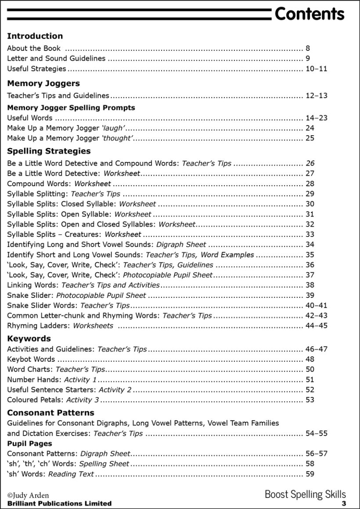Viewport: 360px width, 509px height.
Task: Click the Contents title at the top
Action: [x=309, y=14]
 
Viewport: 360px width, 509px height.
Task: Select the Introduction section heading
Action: [x=35, y=36]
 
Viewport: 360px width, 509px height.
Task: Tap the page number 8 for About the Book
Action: [x=308, y=48]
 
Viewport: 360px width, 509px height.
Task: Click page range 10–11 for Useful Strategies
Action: [x=316, y=69]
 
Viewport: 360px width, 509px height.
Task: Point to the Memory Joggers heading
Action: [x=43, y=83]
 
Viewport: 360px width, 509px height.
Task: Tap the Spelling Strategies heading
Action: [x=49, y=151]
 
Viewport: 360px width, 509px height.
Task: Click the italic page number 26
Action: [x=310, y=163]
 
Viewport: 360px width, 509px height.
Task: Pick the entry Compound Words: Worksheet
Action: [x=59, y=184]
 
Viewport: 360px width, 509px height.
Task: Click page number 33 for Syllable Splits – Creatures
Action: [x=310, y=234]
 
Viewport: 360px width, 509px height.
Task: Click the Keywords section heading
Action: [x=29, y=339]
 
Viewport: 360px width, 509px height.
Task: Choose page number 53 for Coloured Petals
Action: [x=310, y=400]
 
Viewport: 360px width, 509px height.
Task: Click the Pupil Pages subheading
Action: [x=29, y=444]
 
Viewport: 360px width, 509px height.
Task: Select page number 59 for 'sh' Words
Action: [x=310, y=474]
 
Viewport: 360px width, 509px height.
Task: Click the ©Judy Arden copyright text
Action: [x=28, y=496]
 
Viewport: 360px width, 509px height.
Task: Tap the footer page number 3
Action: [x=344, y=503]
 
